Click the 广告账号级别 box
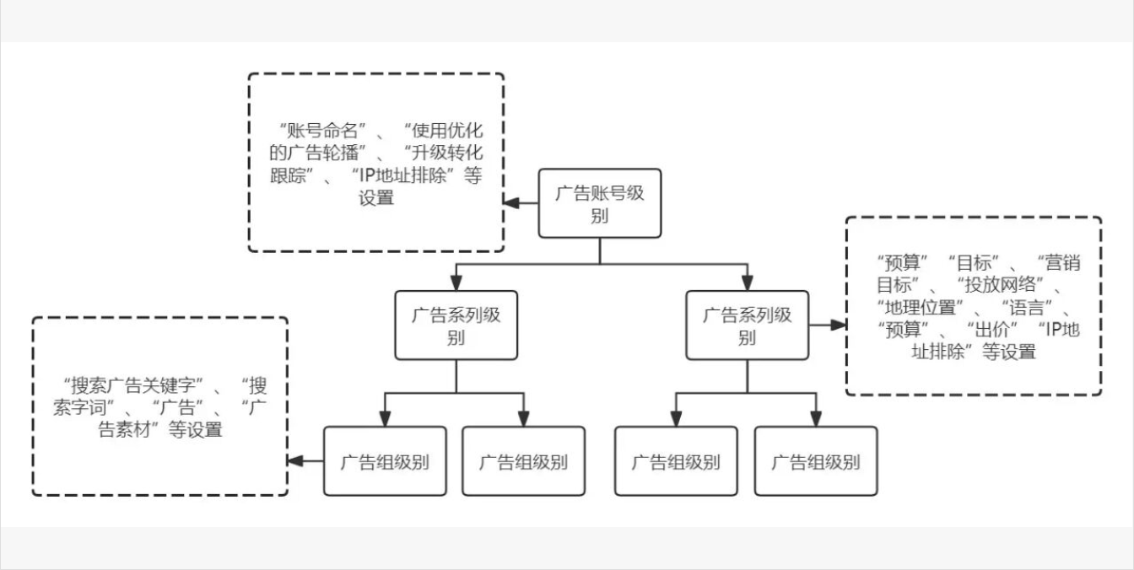(600, 203)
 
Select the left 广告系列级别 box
(456, 325)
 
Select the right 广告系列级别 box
(747, 325)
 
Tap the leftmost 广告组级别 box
(385, 461)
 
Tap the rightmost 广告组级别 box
(815, 461)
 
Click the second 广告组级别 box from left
(523, 461)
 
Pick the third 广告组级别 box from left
(676, 461)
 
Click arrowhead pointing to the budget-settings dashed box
(839, 325)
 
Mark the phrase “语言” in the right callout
(1029, 306)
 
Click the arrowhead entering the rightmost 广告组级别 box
(815, 419)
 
